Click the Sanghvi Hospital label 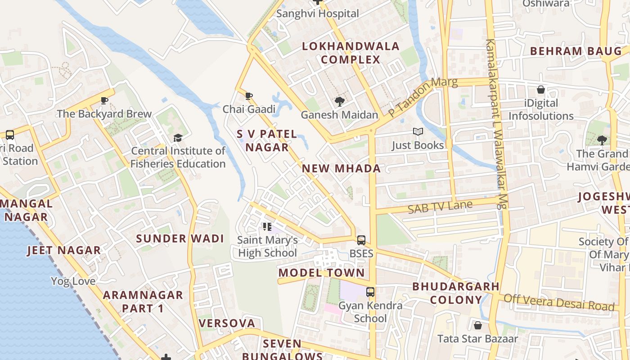[318, 13]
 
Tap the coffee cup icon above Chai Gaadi [249, 96]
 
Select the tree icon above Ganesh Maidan [339, 102]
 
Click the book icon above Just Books [418, 132]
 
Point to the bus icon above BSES [361, 240]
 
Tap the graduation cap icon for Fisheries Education [178, 138]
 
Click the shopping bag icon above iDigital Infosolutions [540, 90]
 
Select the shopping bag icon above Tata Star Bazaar [477, 325]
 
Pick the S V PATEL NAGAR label [267, 140]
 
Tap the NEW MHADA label [341, 169]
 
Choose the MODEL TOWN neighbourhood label [321, 273]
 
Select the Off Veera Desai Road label [559, 302]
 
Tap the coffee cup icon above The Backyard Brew [104, 101]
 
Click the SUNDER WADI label [180, 238]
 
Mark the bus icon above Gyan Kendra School [370, 292]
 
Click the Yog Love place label [73, 281]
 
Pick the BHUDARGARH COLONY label [456, 293]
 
